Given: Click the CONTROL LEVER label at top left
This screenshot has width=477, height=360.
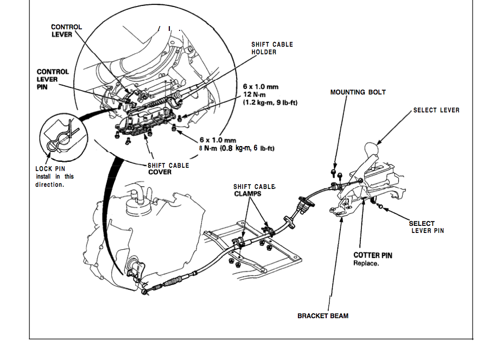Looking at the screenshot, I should click(66, 30).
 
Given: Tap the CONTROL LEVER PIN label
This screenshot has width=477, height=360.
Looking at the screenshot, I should click(53, 79).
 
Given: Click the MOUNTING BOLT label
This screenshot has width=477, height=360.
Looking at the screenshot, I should click(358, 92).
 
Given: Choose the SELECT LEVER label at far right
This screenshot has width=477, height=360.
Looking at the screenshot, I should click(436, 110).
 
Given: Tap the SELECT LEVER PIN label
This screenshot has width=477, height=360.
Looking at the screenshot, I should click(427, 227).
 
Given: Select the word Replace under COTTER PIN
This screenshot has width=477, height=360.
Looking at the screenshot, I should click(366, 263).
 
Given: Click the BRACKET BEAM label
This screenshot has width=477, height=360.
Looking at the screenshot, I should click(323, 315).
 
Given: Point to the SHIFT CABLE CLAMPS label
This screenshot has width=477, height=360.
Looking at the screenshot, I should click(254, 190).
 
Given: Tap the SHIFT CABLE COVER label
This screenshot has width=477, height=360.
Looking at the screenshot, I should click(168, 169).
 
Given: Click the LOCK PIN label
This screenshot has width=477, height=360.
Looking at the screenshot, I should click(50, 169).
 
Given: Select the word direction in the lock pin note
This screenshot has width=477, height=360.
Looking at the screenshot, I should click(50, 185).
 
